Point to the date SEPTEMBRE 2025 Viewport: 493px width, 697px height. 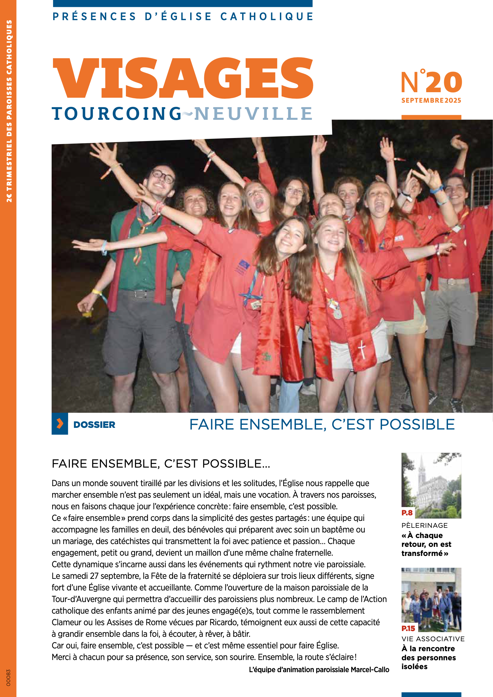tap(431, 100)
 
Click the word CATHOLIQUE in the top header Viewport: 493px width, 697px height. tap(267, 16)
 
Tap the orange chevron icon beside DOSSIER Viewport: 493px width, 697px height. tap(60, 423)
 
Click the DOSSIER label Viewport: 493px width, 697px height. tap(94, 425)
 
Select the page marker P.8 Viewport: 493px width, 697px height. tap(407, 513)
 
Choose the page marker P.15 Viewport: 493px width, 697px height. tap(408, 628)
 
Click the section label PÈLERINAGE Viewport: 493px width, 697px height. tap(424, 526)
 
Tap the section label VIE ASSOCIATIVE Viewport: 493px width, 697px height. tap(433, 639)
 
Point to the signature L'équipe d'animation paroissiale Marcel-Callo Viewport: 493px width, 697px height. tap(319, 669)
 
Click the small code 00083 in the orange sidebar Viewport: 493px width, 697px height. tap(8, 677)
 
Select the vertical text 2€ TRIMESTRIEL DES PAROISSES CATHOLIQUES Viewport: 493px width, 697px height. tap(9, 111)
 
